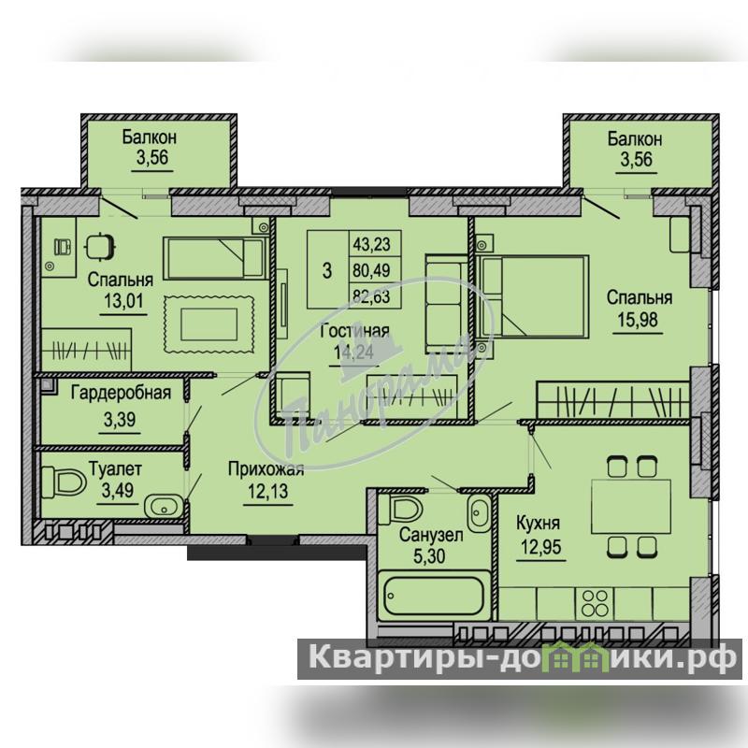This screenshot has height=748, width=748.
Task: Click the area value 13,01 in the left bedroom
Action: click(123, 301)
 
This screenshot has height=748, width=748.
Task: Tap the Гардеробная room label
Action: click(121, 393)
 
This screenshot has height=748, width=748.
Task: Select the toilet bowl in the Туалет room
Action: click(64, 482)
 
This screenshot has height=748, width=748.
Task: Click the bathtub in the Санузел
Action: click(434, 596)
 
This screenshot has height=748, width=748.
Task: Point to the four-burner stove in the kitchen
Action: click(595, 603)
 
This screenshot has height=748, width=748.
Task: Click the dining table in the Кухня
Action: click(630, 506)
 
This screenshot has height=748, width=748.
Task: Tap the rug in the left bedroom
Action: click(209, 324)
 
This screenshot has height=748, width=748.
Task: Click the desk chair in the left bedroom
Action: click(100, 246)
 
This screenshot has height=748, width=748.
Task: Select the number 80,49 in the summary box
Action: click(371, 270)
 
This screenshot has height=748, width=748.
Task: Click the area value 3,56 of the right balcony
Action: click(637, 159)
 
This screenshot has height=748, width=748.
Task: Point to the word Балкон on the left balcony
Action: click(150, 137)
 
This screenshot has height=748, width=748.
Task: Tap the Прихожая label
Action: click(266, 469)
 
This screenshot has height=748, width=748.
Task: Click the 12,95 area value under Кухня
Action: click(541, 547)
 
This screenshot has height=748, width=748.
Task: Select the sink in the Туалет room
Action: click(164, 507)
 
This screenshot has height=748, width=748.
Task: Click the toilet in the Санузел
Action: click(406, 509)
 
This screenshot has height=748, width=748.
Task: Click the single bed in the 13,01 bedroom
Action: click(215, 258)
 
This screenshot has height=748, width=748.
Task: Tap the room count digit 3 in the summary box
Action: click(326, 270)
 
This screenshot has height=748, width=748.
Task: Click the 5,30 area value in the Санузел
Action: click(429, 555)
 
